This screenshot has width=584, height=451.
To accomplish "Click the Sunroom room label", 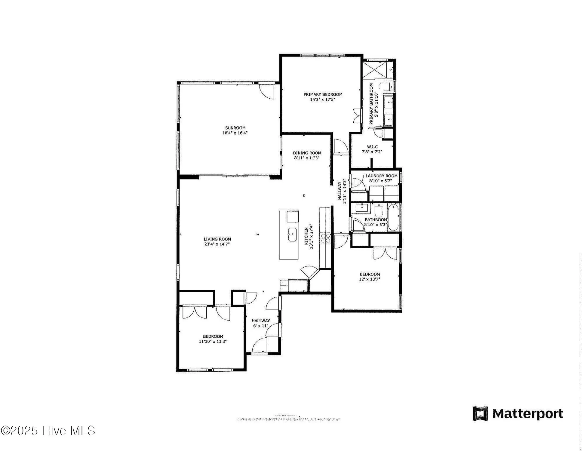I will [x=235, y=128].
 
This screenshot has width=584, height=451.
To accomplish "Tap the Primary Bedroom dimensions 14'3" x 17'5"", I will [x=322, y=100].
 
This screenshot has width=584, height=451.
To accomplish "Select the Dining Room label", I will [x=307, y=153].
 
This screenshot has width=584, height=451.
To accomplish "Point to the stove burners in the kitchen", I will [x=326, y=238].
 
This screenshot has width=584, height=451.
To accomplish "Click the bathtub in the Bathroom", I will [x=393, y=217].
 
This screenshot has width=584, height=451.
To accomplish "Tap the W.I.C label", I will [x=372, y=147].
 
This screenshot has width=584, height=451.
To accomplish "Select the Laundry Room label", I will [x=381, y=176].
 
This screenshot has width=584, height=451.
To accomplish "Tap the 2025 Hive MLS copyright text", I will [x=48, y=431].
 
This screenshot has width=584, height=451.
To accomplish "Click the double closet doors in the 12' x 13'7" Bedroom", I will [x=385, y=253].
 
